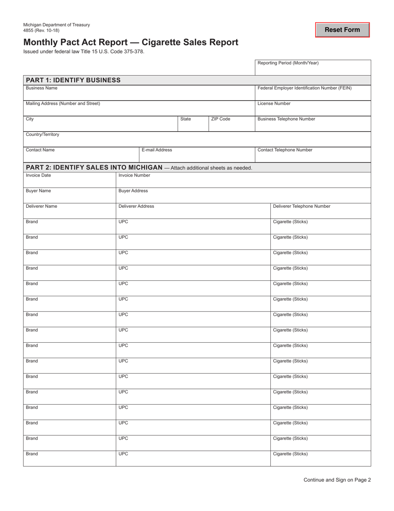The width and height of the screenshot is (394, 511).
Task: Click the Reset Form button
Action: coord(342,30)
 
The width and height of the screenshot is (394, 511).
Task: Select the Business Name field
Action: coord(139,95)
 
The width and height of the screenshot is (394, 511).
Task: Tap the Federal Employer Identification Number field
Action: coord(313,95)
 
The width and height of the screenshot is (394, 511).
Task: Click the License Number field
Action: coord(313,111)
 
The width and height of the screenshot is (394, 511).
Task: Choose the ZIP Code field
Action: coord(231,126)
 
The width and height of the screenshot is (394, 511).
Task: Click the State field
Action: coord(193,126)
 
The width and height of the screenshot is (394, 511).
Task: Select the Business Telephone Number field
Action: coord(313,126)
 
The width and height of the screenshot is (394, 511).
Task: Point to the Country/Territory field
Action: coord(197,141)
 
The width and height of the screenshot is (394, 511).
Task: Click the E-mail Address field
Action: coord(197,157)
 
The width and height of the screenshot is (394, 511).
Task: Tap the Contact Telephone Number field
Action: coord(313,157)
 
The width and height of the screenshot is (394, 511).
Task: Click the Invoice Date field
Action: coord(69,182)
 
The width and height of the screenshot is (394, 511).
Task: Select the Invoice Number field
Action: coord(243,182)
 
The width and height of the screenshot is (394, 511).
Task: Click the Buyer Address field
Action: coord(243,197)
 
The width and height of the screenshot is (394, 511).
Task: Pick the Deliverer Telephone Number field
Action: coord(321,213)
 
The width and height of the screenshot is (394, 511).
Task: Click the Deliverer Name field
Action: coord(69,213)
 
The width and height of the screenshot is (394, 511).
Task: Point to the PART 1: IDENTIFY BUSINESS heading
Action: coord(73,80)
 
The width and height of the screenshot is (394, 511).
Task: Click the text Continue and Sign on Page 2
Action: coord(337,480)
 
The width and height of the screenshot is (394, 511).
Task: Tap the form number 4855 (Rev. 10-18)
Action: coord(41,30)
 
